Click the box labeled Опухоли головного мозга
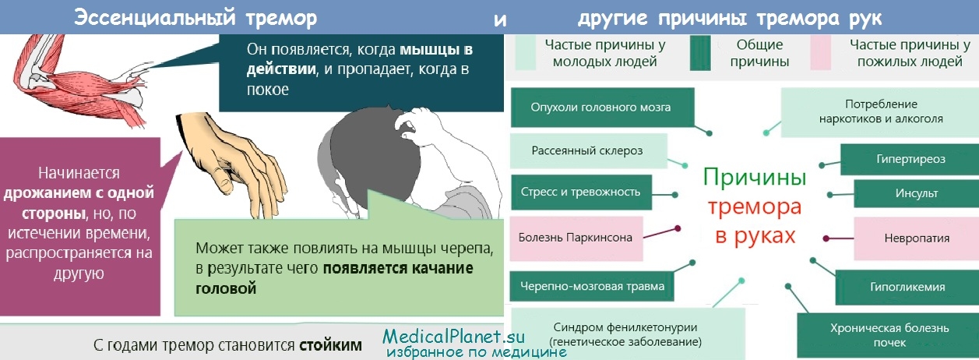pos(602,108)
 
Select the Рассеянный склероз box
pos(588,151)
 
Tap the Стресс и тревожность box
pos(581,192)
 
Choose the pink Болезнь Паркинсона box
pos(576,238)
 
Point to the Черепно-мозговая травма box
pos(592,286)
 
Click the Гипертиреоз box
pos(910,159)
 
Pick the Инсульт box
pos(916,193)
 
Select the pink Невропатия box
pos(916,238)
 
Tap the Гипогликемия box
pos(907,287)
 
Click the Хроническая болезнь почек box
pos(888,336)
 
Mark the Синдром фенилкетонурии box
pos(628,334)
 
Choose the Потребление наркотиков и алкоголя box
pos(879,112)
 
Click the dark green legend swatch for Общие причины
pos(700,53)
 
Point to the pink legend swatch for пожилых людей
pos(820,53)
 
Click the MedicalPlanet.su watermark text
pos(453,337)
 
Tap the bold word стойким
pos(330,345)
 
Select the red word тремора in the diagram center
pos(755,207)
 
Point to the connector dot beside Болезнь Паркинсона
pos(678,228)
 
